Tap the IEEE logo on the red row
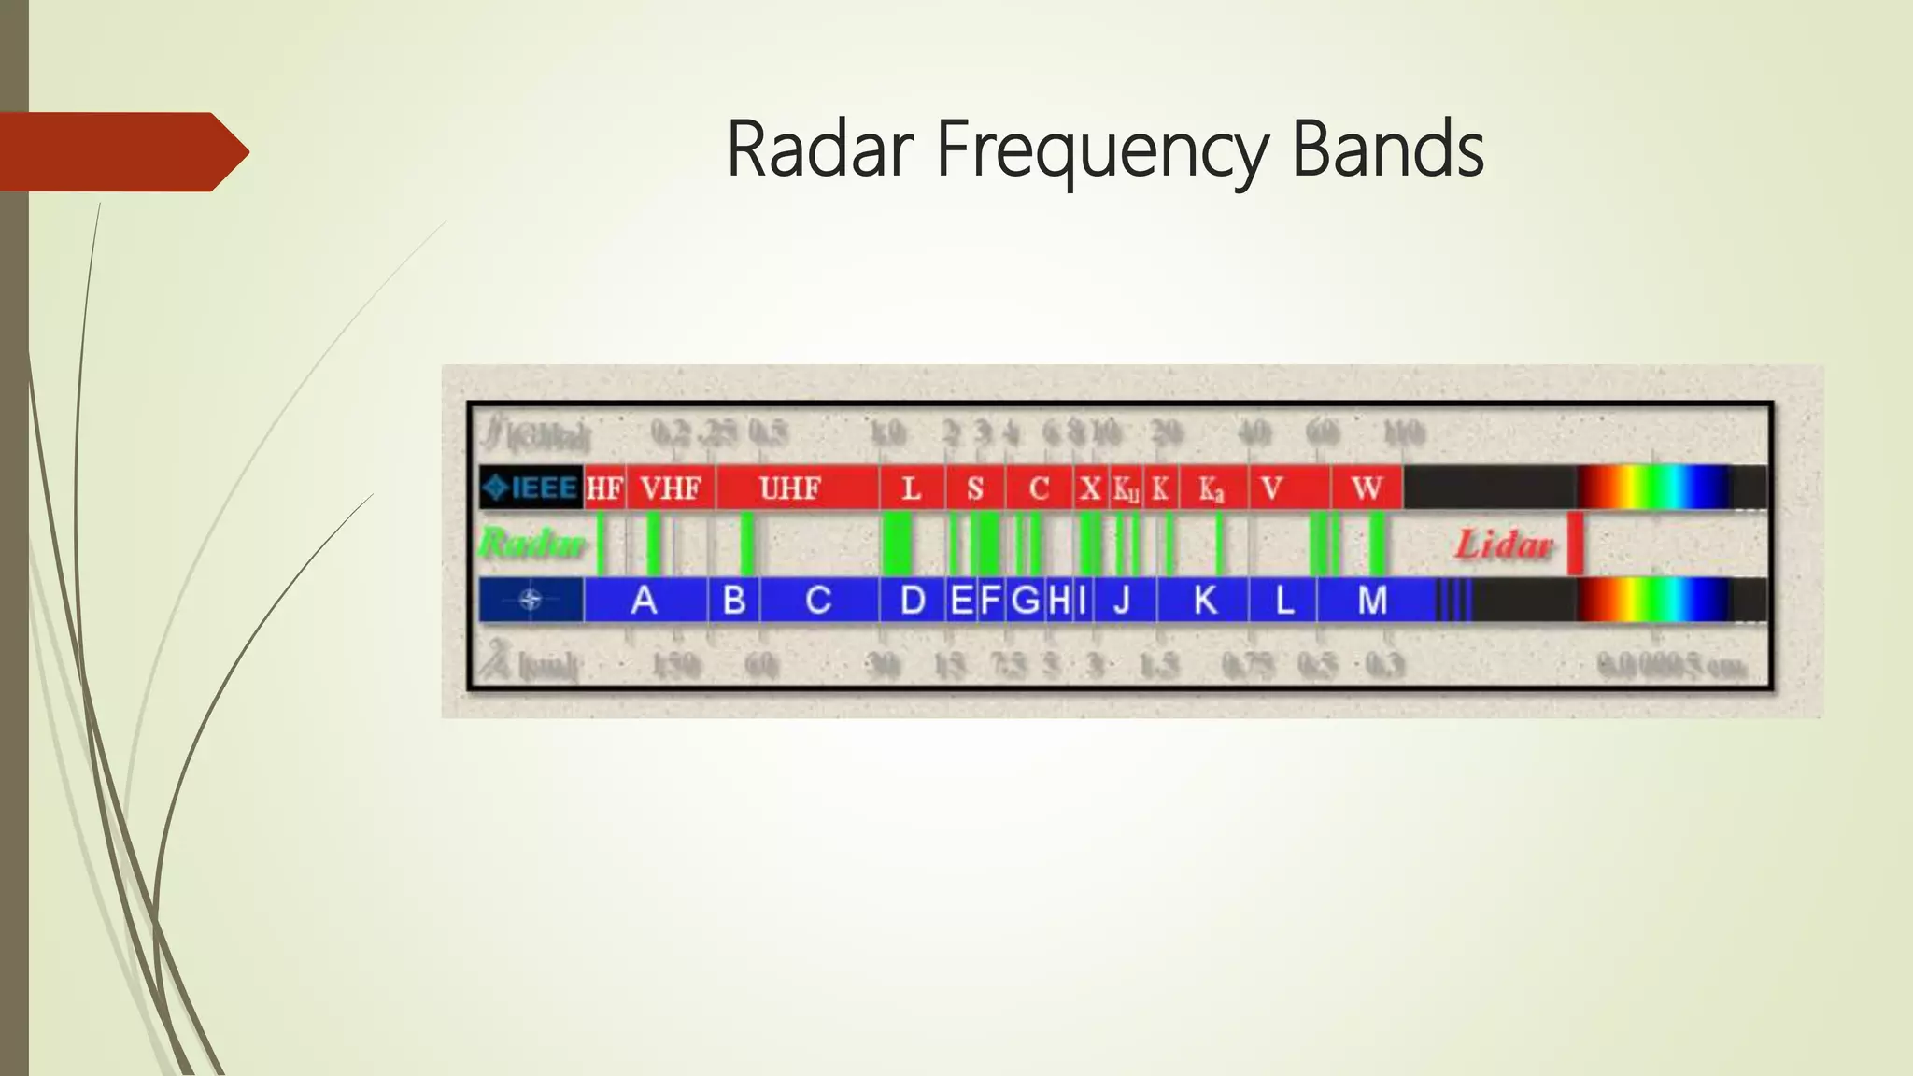531,488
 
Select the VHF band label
671,488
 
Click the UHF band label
790,488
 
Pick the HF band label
604,488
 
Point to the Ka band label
1212,488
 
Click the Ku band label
1126,488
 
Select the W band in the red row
1367,488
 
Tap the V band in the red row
1271,488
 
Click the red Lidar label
1504,545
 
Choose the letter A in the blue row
644,600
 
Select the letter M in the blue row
1372,600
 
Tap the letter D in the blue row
913,600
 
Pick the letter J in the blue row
1122,600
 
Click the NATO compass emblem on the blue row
531,600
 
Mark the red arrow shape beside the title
121,152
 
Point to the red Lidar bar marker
1575,544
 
